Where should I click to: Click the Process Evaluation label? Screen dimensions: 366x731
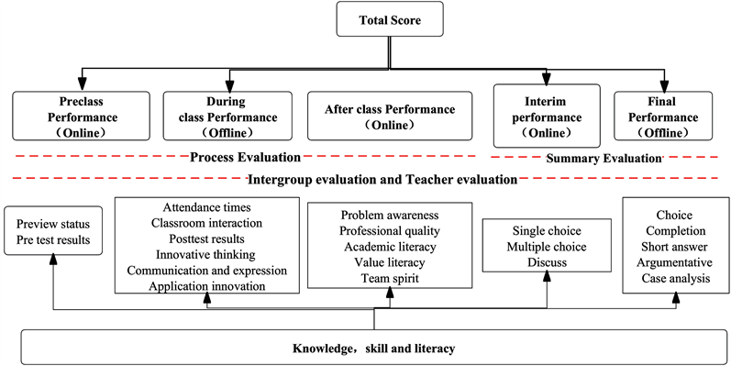[x=245, y=158]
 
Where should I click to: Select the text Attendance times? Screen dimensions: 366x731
[x=209, y=206]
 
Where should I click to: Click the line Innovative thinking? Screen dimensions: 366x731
[x=209, y=254]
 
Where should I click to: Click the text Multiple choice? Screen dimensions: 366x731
[x=548, y=248]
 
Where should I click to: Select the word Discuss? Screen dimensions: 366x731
[x=548, y=263]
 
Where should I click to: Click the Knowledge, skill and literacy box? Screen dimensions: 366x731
[x=373, y=349]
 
